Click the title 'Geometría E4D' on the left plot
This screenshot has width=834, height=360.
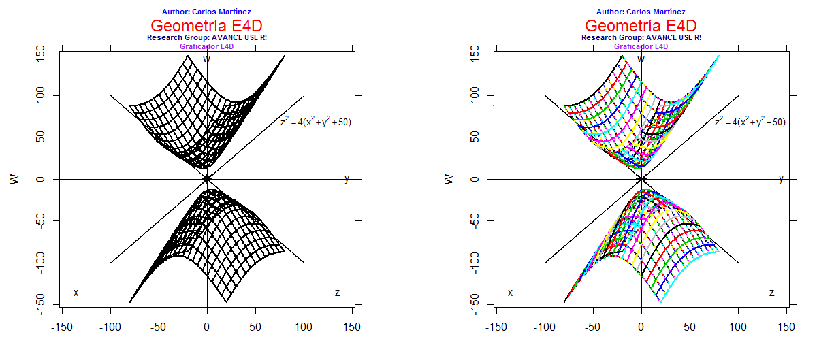pos(207,25)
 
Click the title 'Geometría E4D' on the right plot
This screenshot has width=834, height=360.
pos(641,25)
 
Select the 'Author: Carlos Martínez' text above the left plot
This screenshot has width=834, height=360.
pos(207,12)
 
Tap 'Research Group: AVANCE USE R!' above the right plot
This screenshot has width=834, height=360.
pos(641,37)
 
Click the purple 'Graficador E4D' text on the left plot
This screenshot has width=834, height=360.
pos(207,46)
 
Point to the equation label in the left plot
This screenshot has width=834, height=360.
pos(315,122)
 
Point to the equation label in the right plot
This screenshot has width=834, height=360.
pos(750,122)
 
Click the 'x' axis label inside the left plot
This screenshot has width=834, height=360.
pos(76,293)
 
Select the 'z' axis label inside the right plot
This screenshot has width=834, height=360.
pos(771,293)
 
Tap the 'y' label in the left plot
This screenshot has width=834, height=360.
pos(347,178)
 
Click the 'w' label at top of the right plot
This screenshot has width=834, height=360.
pos(641,59)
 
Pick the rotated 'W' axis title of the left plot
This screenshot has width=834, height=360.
pos(14,179)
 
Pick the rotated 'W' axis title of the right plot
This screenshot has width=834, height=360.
pos(449,179)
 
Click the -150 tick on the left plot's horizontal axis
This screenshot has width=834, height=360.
pos(62,327)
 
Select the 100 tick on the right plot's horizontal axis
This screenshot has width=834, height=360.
pos(738,327)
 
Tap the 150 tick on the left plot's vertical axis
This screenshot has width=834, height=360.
pos(40,54)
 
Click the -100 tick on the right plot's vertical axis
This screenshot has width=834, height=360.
pos(475,263)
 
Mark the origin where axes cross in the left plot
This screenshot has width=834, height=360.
pos(207,179)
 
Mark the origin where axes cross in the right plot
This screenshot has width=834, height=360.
pos(641,179)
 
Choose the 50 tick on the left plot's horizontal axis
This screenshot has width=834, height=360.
pos(255,327)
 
